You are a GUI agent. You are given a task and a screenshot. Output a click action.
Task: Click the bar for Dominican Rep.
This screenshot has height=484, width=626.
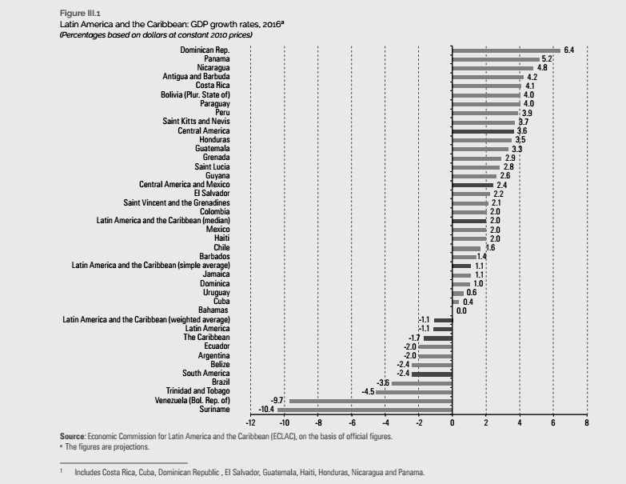[506, 50]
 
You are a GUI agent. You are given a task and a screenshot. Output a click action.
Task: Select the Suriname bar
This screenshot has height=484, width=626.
[365, 410]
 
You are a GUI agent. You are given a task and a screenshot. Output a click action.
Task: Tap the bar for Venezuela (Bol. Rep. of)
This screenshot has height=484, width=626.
[371, 401]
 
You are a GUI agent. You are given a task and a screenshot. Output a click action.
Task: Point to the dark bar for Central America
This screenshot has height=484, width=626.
[483, 131]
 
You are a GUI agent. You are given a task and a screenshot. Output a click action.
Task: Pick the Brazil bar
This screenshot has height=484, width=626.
[422, 383]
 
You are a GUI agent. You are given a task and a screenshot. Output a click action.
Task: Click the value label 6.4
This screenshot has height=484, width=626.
[569, 50]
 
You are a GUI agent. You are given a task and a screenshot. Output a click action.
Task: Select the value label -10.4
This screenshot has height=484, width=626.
[266, 410]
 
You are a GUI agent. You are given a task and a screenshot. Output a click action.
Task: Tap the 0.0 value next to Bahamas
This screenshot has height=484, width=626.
[461, 310]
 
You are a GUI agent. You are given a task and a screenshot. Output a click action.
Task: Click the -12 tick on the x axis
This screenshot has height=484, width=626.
[250, 422]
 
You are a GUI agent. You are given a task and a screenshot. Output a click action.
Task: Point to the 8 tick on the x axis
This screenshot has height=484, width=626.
[587, 422]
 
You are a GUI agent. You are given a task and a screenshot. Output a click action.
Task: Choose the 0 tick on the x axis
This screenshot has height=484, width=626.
[453, 422]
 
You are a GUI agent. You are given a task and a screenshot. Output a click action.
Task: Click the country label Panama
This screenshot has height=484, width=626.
[217, 59]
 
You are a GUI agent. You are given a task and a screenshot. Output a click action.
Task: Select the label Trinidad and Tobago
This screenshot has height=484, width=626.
[198, 391]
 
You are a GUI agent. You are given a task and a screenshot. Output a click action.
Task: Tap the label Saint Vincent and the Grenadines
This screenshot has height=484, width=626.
[177, 203]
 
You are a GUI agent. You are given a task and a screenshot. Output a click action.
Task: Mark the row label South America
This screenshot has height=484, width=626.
[206, 373]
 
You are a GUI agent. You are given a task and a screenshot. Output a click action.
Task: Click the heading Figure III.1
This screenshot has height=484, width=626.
[80, 13]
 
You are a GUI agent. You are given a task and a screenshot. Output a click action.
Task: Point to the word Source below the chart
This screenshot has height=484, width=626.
[72, 437]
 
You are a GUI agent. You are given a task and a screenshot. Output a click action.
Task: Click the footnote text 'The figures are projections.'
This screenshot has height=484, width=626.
[107, 447]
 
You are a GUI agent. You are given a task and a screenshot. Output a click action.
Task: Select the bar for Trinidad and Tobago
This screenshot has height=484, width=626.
[414, 392]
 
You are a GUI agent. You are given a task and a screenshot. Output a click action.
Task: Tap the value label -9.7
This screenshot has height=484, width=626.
[277, 401]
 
